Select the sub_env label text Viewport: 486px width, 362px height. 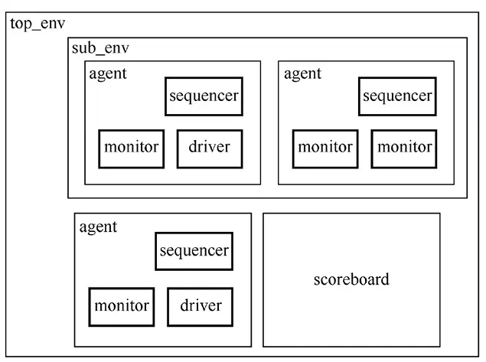pyautogui.click(x=99, y=48)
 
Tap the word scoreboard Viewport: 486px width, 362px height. pyautogui.click(x=351, y=279)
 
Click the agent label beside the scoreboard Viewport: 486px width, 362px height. pyautogui.click(x=98, y=227)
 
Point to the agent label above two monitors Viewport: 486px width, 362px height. pyautogui.click(x=302, y=74)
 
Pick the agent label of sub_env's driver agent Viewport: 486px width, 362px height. pyautogui.click(x=108, y=74)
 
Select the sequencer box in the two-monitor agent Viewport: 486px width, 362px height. pyautogui.click(x=397, y=96)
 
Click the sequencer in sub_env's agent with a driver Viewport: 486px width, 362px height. pyautogui.click(x=204, y=96)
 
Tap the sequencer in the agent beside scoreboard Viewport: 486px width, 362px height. pyautogui.click(x=194, y=251)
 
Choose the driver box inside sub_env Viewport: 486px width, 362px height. pyautogui.click(x=209, y=148)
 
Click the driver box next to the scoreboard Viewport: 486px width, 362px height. pyautogui.click(x=201, y=306)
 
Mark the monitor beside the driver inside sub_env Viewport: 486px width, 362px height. pyautogui.click(x=132, y=148)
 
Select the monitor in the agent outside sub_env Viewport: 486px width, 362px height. pyautogui.click(x=121, y=306)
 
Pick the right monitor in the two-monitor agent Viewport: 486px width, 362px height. pyautogui.click(x=403, y=148)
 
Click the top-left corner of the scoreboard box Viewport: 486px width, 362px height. pyautogui.click(x=264, y=214)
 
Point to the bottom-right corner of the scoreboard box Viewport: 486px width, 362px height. pyautogui.click(x=440, y=347)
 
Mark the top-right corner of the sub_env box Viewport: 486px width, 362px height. pyautogui.click(x=467, y=38)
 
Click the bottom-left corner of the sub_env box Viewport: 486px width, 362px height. pyautogui.click(x=68, y=198)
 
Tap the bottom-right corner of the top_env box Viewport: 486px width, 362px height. pyautogui.click(x=480, y=357)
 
